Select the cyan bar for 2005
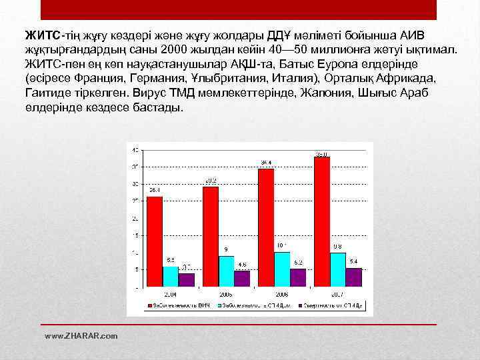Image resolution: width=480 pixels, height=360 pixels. click(x=227, y=271)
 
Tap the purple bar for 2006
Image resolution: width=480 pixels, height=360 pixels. click(x=298, y=277)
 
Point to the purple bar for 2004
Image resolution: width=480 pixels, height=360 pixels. click(x=187, y=279)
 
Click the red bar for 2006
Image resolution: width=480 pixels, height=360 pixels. click(x=266, y=227)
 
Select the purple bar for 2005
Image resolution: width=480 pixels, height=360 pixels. click(x=243, y=278)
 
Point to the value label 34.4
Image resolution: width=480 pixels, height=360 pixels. click(x=266, y=163)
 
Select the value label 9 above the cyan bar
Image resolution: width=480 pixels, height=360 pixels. click(x=226, y=249)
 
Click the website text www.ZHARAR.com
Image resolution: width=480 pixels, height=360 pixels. click(x=81, y=335)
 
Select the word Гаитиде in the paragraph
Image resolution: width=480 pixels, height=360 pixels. click(x=48, y=95)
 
